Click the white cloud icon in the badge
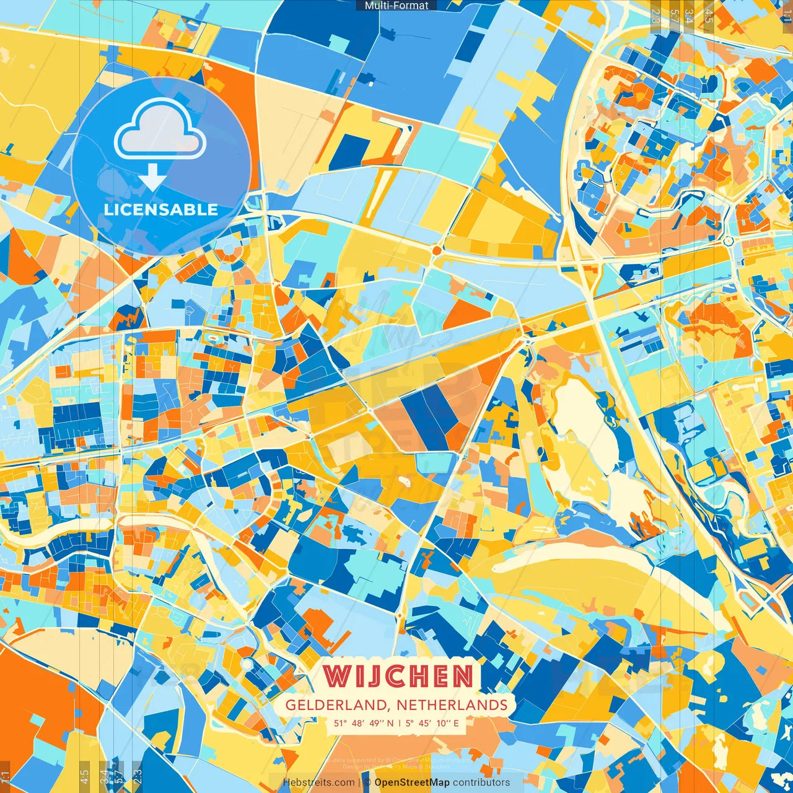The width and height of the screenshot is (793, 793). click(x=160, y=129)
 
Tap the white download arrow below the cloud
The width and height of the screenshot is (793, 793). click(x=152, y=177)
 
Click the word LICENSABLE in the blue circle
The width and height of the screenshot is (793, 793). click(x=160, y=209)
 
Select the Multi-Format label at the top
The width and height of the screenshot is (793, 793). click(x=396, y=6)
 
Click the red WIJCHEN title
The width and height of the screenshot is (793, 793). click(x=398, y=676)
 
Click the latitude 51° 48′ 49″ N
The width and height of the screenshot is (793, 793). click(x=364, y=723)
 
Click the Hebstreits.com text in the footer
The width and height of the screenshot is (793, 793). click(x=319, y=782)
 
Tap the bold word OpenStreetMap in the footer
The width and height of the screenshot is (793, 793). click(x=412, y=782)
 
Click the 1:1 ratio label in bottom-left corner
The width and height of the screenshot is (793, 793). click(x=6, y=776)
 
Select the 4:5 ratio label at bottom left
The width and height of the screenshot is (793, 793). click(x=85, y=776)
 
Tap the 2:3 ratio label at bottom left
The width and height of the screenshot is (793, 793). click(x=138, y=776)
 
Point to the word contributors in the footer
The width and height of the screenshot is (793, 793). click(x=481, y=782)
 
